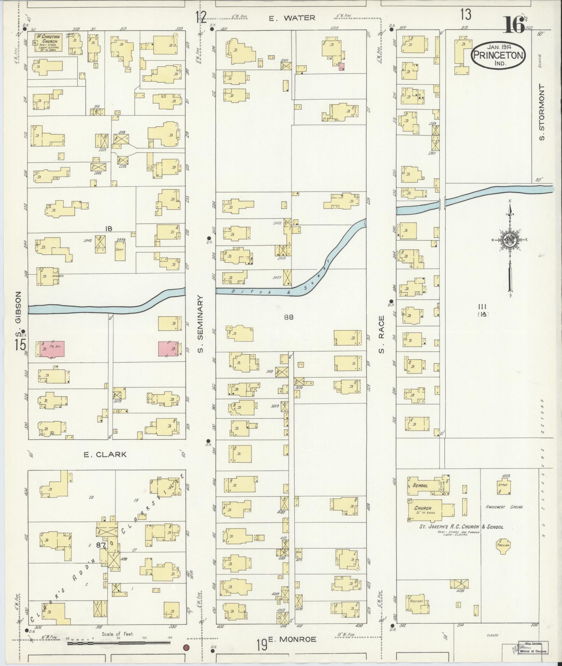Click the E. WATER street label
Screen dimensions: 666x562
[292, 18]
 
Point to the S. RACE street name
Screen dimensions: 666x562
[381, 334]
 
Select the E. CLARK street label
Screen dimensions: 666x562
[105, 455]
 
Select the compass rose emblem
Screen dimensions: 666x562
[509, 240]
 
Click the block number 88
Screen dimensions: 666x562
[288, 317]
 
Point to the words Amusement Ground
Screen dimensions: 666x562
[504, 507]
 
